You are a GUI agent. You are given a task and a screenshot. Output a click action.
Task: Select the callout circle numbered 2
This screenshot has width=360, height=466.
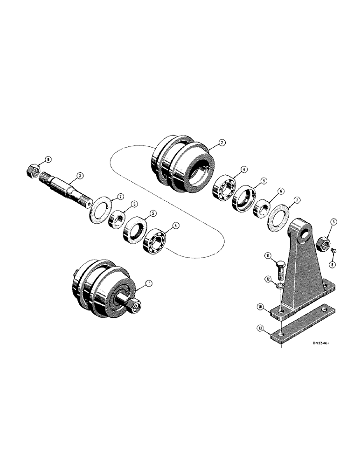[222, 144]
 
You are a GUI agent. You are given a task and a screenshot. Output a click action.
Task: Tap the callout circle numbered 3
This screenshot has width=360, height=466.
[80, 176]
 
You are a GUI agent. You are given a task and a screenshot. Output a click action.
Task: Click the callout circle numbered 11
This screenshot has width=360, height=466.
[268, 256]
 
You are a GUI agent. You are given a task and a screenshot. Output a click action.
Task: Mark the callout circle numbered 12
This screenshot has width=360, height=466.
[268, 279]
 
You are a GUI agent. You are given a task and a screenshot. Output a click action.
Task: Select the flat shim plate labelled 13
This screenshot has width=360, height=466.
[303, 330]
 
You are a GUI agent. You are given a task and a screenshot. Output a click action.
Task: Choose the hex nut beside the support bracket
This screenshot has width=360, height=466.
[323, 242]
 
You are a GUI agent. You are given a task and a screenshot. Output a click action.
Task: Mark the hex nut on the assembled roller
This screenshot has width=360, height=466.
[134, 305]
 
